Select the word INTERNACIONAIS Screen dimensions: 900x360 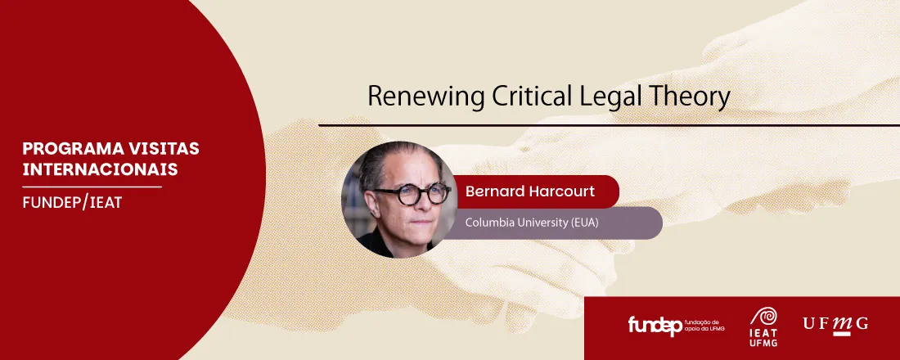click(100, 170)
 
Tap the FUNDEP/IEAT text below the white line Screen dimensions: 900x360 click(72, 203)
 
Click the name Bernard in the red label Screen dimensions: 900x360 click(492, 191)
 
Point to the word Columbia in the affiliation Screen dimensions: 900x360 click(487, 223)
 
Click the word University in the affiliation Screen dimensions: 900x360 click(540, 223)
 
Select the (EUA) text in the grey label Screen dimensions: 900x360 click(586, 223)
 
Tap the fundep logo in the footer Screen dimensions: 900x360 click(676, 325)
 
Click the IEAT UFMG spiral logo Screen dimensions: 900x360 click(763, 326)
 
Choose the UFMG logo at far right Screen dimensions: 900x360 click(835, 324)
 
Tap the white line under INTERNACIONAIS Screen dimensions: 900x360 click(92, 187)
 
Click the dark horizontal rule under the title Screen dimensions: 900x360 click(609, 124)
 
